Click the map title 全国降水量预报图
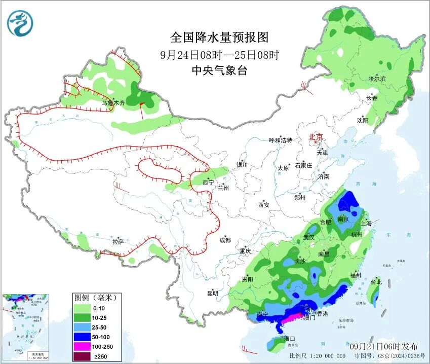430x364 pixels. click(x=219, y=37)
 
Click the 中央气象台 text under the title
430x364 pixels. click(x=219, y=71)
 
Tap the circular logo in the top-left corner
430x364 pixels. click(x=20, y=23)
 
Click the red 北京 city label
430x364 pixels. click(x=316, y=137)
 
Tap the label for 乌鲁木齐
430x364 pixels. click(x=112, y=103)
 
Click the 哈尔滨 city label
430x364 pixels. click(x=377, y=79)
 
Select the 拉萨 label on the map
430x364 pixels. click(x=118, y=242)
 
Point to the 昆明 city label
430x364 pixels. click(x=212, y=293)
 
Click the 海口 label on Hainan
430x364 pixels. click(x=289, y=338)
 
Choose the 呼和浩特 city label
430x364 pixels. click(x=280, y=140)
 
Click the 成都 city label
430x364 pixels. click(x=225, y=240)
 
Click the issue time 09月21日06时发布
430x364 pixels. click(x=384, y=346)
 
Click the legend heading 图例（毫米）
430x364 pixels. click(x=96, y=297)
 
